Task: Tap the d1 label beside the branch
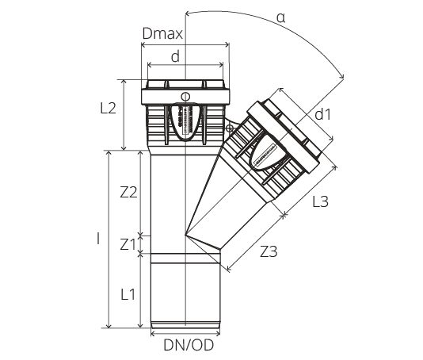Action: tap(322, 114)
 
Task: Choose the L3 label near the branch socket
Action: tap(319, 201)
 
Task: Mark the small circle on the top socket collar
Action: tap(185, 98)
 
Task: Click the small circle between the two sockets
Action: tap(231, 128)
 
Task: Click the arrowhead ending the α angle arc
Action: tap(344, 76)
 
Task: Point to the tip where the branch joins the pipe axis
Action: tap(186, 233)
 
